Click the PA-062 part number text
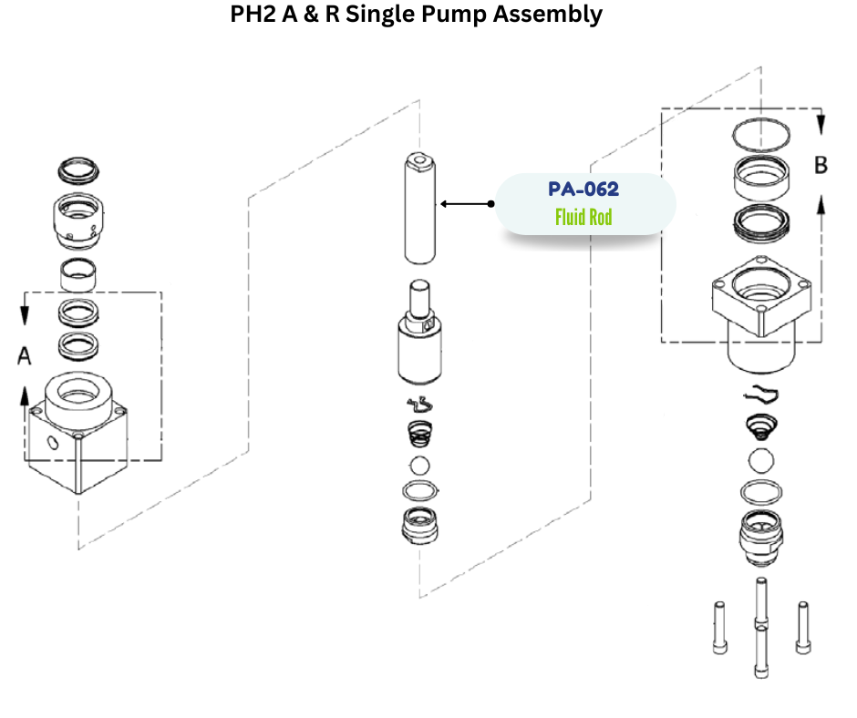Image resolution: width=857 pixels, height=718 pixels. point(583,190)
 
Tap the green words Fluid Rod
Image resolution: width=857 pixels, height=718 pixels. point(583,217)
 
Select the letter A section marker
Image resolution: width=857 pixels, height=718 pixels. point(25,356)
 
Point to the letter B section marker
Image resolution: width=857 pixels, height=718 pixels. point(821,165)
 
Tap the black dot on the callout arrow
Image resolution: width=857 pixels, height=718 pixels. point(491,203)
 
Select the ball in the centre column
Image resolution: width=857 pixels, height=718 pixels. point(418,466)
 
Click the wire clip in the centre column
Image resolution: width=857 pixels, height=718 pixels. point(418,406)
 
